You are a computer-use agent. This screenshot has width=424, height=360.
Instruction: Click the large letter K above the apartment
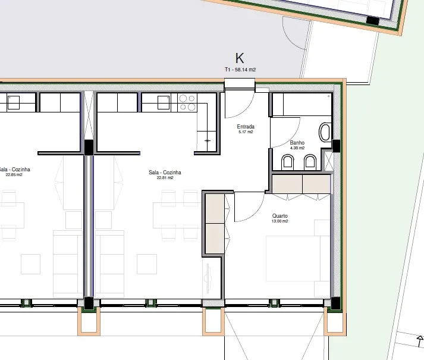click(x=240, y=58)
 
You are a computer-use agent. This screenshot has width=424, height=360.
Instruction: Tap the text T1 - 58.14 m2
click(x=240, y=70)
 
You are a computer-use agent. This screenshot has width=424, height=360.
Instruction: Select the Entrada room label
click(x=246, y=126)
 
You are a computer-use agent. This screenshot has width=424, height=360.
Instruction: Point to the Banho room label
click(x=297, y=142)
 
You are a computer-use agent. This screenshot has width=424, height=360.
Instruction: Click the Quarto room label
click(x=280, y=216)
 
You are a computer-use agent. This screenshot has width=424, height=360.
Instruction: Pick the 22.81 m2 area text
click(x=165, y=178)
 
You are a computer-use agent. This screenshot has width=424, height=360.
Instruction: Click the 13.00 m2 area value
click(x=280, y=221)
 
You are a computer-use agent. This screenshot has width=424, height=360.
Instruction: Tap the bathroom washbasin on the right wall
click(x=325, y=132)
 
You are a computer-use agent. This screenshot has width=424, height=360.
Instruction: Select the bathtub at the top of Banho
click(x=301, y=105)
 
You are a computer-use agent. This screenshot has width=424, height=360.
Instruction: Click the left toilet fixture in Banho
click(x=287, y=162)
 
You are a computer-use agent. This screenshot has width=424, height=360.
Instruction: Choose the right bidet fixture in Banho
click(x=310, y=162)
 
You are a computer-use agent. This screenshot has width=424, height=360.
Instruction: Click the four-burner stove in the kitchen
click(x=187, y=102)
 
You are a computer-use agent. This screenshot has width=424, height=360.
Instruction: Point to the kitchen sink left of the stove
click(x=164, y=102)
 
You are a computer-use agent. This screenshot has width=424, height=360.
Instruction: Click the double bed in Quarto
click(x=297, y=258)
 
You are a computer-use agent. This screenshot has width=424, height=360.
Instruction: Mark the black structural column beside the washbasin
click(x=336, y=146)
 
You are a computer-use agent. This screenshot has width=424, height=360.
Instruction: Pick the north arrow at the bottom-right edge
click(x=420, y=341)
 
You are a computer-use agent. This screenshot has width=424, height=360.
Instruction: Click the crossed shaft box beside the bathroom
click(x=328, y=161)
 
